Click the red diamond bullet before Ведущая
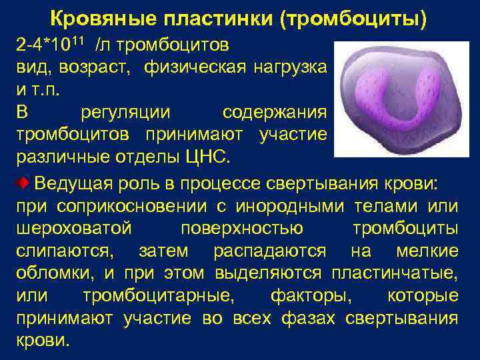(23, 183)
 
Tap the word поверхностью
(241, 229)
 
